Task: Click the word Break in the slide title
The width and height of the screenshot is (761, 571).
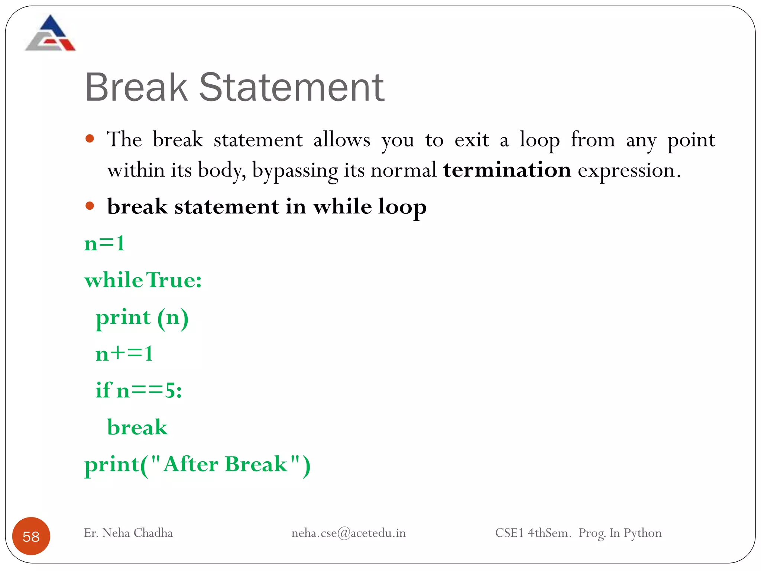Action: (x=136, y=88)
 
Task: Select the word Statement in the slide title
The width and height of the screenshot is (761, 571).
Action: (x=292, y=88)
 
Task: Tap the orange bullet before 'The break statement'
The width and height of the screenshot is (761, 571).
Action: (x=90, y=139)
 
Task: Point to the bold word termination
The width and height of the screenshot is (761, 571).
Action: (x=507, y=170)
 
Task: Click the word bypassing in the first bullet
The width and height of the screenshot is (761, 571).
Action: (x=295, y=171)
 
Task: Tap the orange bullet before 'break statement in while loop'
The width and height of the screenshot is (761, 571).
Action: (x=90, y=206)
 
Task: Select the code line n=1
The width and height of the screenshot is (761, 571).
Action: (x=104, y=244)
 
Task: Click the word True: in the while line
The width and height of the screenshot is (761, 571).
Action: (x=174, y=280)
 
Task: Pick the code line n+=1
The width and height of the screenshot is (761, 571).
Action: (x=124, y=354)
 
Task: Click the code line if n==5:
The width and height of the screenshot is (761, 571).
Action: (x=139, y=390)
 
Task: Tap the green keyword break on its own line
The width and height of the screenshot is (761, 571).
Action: (x=137, y=427)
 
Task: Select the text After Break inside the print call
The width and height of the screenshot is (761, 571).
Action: (x=225, y=464)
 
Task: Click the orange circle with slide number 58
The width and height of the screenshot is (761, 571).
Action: (x=31, y=536)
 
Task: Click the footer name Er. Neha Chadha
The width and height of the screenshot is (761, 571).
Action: (x=128, y=533)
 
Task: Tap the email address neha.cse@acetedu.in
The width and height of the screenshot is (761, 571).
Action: (x=348, y=533)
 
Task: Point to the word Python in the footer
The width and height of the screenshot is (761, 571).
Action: (x=642, y=533)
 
